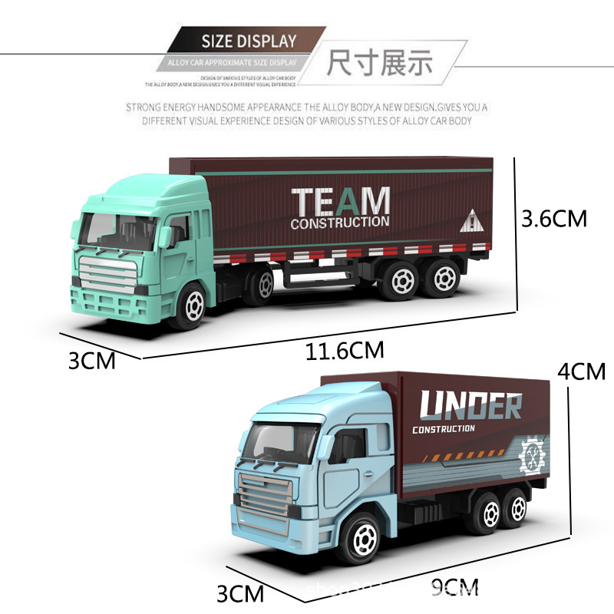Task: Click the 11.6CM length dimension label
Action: [345, 352]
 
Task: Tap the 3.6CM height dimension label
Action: [553, 220]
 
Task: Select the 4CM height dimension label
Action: [581, 371]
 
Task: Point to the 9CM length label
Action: [454, 589]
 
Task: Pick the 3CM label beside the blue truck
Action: [239, 593]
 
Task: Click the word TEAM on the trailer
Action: [340, 202]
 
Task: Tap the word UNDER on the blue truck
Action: [470, 406]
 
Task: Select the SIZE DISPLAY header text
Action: [248, 41]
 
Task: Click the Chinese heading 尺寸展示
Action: [379, 62]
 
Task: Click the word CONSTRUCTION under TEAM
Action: [339, 223]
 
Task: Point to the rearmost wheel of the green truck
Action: [444, 278]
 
